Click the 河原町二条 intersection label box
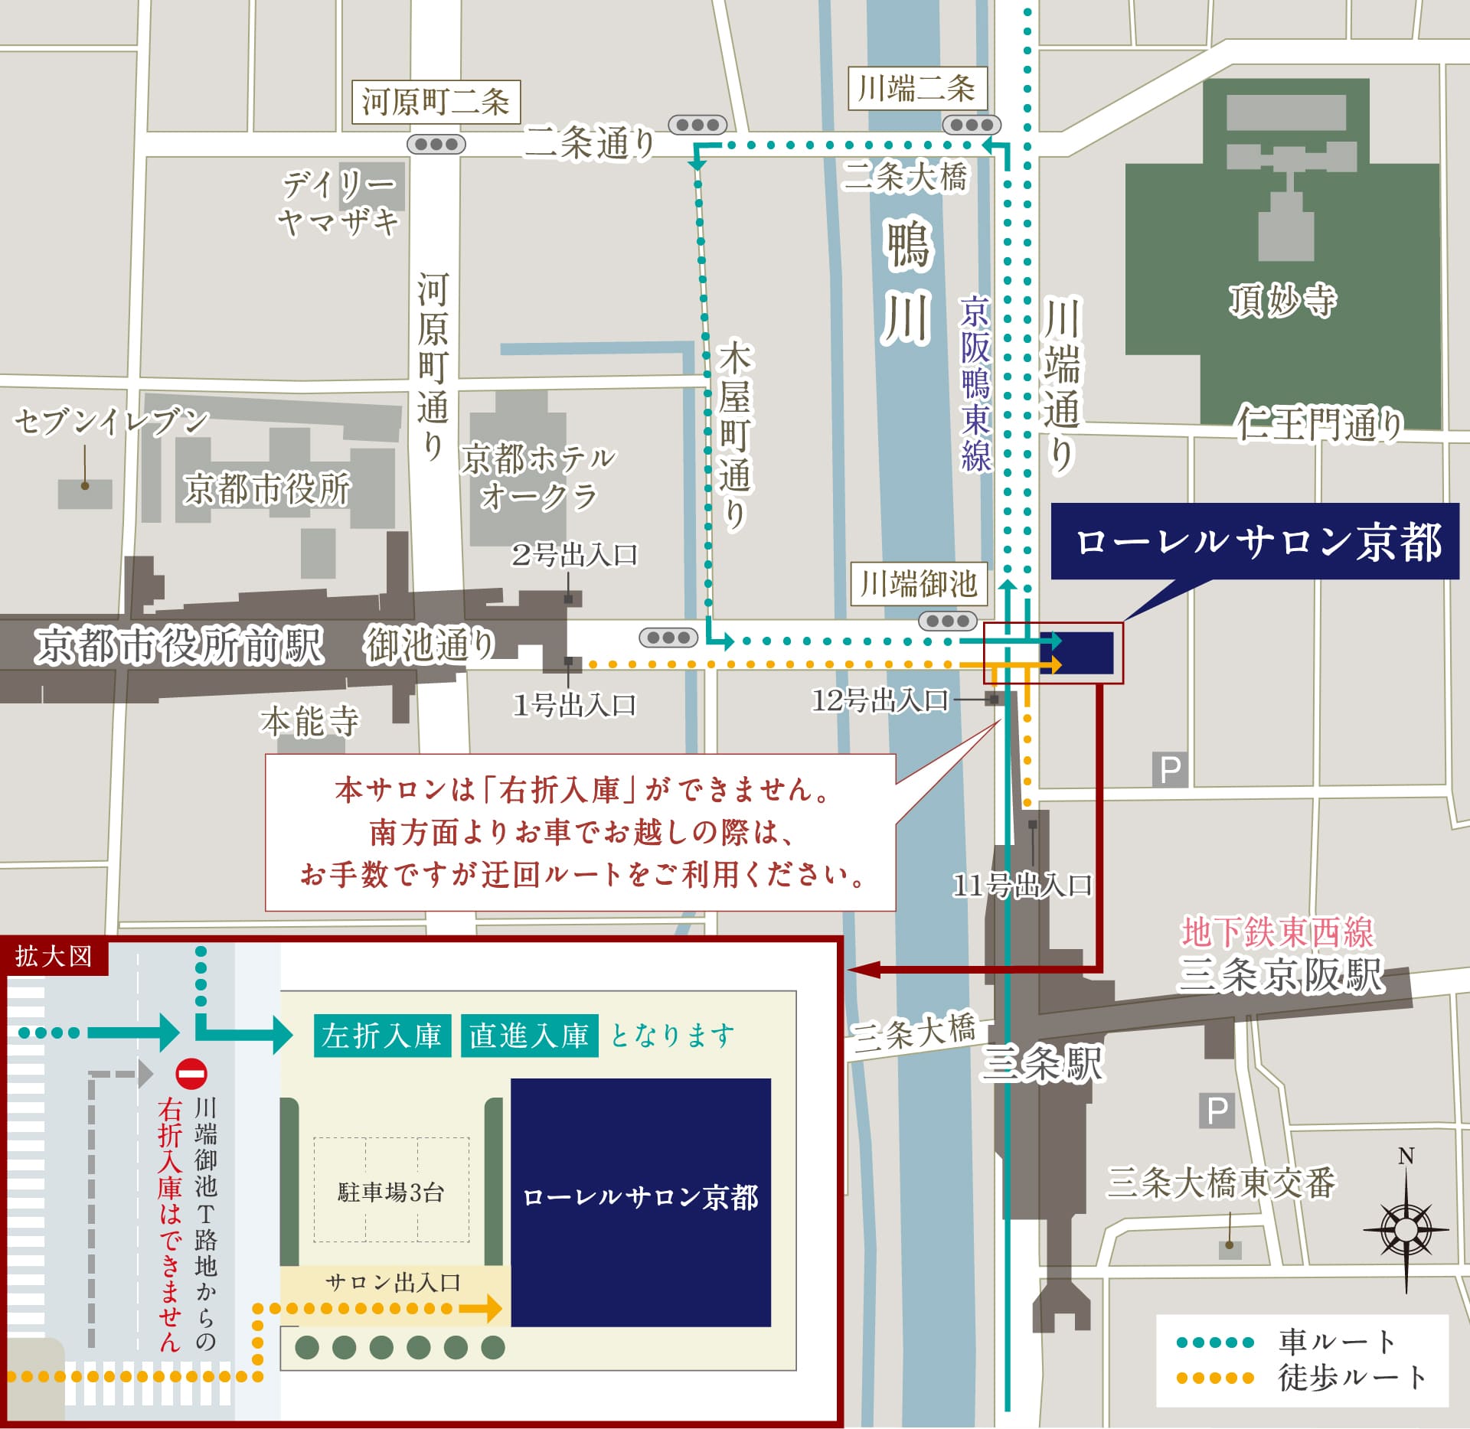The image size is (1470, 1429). pos(436,102)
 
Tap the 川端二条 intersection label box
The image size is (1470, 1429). pos(917,89)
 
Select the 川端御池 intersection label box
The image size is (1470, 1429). pos(918,584)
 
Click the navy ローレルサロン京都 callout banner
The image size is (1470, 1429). pos(1255,541)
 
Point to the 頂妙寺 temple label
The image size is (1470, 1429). pos(1282,299)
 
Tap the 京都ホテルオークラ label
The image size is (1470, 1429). pos(537,477)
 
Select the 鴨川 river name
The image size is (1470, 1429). pos(908,281)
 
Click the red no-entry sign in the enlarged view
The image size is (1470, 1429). pos(191,1074)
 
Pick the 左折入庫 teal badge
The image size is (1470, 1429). pos(382,1036)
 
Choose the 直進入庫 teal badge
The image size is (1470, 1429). pos(529,1036)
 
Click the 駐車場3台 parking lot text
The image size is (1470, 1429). pos(390,1192)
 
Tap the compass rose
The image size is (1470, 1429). pos(1406,1230)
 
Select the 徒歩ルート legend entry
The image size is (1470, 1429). pos(1302,1377)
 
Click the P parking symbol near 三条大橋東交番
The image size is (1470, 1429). pos(1217,1110)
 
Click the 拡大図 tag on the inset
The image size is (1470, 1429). pos(54,956)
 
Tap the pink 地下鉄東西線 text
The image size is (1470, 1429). pos(1277,932)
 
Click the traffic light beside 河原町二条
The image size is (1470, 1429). pos(436,144)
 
